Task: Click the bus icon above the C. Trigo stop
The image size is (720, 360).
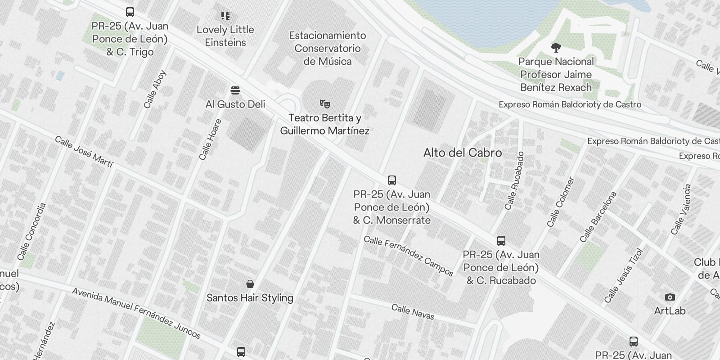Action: pos(130,12)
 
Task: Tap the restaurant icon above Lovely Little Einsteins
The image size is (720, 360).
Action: pos(225,16)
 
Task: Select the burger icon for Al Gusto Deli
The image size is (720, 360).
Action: pos(235,90)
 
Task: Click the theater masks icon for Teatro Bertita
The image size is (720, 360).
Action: pos(324,104)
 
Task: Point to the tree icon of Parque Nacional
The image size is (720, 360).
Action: pos(556,47)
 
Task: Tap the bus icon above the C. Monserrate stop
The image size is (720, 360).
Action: pos(392,180)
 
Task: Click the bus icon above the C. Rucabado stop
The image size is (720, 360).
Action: pos(501,241)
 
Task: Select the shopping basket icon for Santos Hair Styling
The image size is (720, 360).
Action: pos(250,284)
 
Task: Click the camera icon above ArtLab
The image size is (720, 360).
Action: pos(670,297)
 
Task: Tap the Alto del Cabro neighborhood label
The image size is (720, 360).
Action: pos(463,153)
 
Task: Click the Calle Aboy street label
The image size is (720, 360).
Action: pos(155,89)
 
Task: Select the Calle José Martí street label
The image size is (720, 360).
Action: pos(84,152)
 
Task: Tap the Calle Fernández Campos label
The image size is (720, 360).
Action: pos(409,256)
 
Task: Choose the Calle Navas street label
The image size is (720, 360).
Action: pos(413,312)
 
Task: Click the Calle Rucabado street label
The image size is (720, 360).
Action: pos(514,180)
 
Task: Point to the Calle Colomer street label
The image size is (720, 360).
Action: pos(561,202)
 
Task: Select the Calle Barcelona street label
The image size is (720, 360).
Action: pos(598,217)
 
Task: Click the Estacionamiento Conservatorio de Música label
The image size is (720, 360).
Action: pos(328,48)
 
